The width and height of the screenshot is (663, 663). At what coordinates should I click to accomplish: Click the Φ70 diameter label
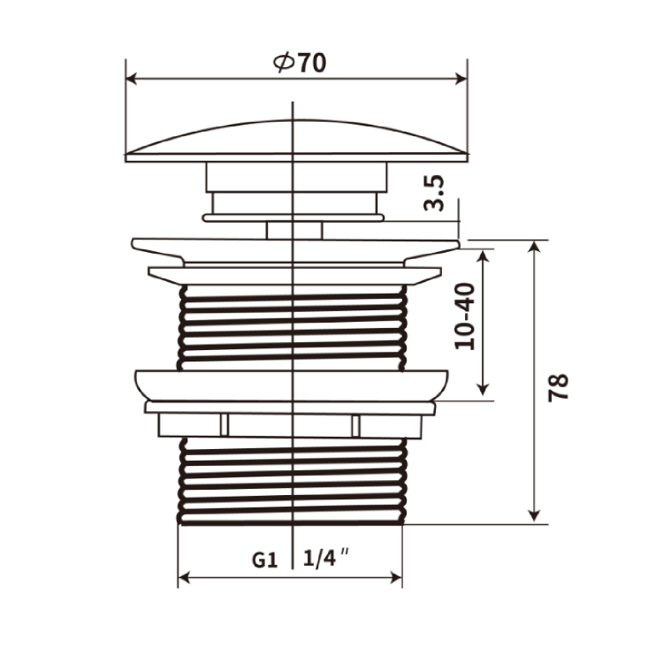pos(300,63)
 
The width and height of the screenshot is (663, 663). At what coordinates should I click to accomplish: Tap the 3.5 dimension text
pos(434,194)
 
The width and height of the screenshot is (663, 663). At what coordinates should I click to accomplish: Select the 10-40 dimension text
pos(465,316)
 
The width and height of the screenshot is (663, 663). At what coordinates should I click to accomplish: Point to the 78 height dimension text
pos(558,387)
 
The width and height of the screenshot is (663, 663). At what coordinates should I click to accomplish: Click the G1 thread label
pos(264,560)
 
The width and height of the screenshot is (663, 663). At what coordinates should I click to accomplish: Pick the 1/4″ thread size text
pos(326,559)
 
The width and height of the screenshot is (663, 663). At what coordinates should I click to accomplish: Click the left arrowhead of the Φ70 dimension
pos(132,79)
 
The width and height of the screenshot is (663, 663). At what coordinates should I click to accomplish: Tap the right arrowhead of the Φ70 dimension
pos(461,79)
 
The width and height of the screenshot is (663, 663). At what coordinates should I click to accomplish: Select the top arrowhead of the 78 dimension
pos(535,247)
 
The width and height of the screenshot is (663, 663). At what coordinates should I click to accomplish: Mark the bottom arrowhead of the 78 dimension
pos(535,516)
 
